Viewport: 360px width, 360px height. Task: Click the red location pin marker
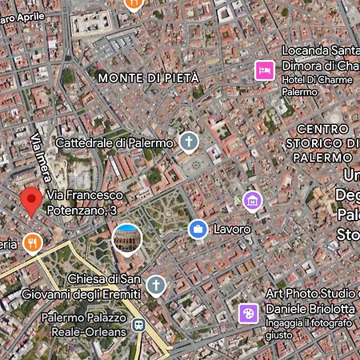(31, 201)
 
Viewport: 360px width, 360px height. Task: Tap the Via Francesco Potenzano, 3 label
(85, 202)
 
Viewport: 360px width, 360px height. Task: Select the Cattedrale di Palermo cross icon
(188, 142)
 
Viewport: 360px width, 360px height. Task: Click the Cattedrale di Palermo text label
(114, 143)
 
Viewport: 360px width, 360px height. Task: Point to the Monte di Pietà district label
(147, 78)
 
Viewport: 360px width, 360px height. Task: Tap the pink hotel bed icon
(264, 70)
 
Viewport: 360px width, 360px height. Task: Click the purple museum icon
(253, 199)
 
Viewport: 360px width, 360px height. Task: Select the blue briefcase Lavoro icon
(197, 230)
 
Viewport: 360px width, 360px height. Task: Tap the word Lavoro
(232, 230)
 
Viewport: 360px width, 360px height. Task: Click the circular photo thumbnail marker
(127, 238)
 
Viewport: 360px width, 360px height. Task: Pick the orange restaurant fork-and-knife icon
(32, 243)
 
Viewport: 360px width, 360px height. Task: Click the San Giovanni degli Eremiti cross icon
(156, 285)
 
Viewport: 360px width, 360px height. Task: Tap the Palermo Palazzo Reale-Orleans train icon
(139, 326)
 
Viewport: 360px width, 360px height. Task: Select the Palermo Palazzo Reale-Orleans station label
(84, 325)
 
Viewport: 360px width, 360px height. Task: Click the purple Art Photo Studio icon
(248, 313)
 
